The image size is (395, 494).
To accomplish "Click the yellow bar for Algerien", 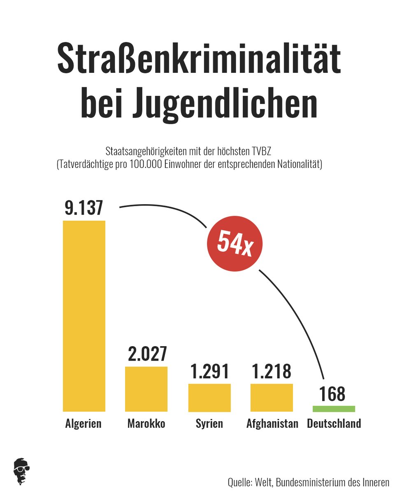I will (84, 316).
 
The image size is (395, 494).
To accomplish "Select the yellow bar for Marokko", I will (146, 389).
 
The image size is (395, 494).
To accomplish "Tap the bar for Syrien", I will (209, 398).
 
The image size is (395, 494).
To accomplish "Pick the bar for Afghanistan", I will (272, 397).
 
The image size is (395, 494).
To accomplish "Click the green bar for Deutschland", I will (334, 409).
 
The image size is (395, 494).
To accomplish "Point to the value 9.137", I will (84, 208).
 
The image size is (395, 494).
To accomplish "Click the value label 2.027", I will (147, 354).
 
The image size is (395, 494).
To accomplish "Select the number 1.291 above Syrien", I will (209, 371).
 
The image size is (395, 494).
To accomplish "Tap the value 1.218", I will (272, 371).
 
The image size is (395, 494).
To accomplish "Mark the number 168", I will (332, 394).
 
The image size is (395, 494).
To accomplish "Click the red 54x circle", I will (235, 244).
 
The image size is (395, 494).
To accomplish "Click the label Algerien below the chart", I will (83, 424).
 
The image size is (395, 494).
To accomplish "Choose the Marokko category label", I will (146, 424).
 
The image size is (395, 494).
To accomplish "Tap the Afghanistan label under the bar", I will (272, 424).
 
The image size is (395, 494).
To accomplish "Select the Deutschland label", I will (334, 424).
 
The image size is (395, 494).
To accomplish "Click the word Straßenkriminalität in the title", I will (199, 61).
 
